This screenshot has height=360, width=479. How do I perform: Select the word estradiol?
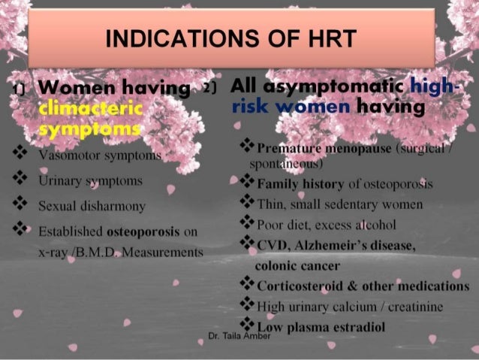tap(360, 326)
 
